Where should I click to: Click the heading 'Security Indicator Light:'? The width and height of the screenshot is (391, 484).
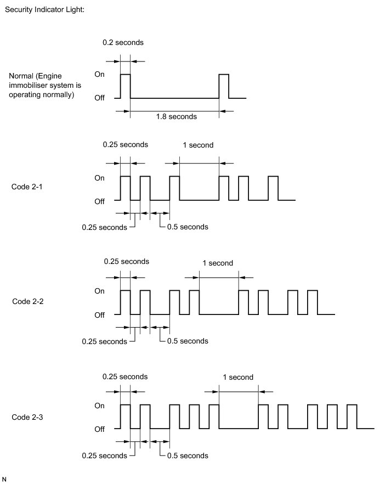point(44,10)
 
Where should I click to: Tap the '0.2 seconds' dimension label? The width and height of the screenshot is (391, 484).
point(123,42)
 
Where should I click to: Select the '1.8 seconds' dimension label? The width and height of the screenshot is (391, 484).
point(176,116)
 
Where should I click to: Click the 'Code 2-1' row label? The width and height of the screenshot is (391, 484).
point(27,187)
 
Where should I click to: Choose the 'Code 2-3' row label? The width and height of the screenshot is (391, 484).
point(27,417)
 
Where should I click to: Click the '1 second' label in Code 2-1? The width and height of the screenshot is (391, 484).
point(197,145)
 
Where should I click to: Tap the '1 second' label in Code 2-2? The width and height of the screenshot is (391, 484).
point(218,263)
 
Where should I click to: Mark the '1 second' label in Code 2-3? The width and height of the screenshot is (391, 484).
point(238,377)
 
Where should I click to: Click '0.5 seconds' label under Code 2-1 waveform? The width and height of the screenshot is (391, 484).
point(187,227)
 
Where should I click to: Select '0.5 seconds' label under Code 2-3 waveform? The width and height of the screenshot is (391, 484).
point(187,455)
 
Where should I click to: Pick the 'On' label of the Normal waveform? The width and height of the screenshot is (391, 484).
point(100,74)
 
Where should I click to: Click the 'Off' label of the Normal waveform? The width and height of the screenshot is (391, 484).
point(99,98)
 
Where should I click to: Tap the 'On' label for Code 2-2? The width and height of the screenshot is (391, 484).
point(100,291)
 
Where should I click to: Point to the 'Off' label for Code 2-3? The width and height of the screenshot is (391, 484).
point(99,429)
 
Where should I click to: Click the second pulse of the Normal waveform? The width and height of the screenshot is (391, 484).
point(223,86)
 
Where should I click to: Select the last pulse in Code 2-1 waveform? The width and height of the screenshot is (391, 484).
point(273,188)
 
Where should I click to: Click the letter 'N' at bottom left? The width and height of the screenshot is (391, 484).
point(4,479)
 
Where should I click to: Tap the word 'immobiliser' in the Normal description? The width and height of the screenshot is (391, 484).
point(28,86)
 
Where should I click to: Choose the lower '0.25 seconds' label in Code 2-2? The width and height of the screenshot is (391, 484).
point(104,341)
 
